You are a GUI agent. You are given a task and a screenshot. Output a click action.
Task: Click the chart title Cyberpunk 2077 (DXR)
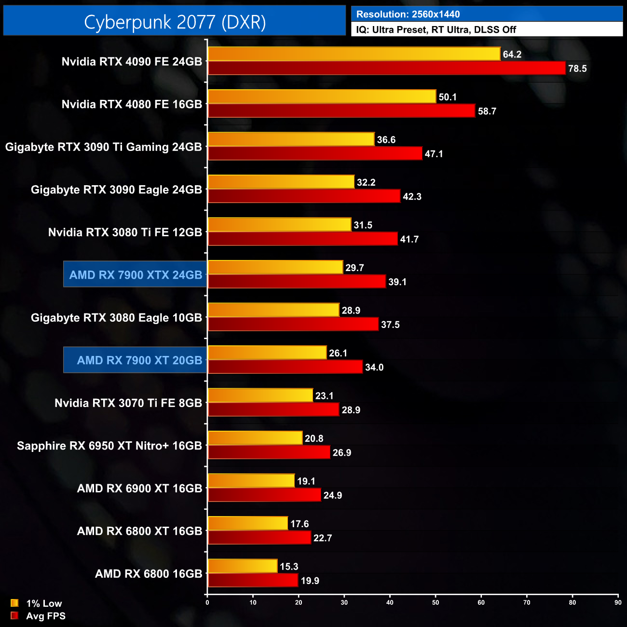pyautogui.click(x=175, y=22)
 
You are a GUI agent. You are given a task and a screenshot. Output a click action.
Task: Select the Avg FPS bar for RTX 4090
pyautogui.click(x=386, y=68)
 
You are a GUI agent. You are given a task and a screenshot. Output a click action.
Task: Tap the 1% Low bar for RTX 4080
pyautogui.click(x=322, y=96)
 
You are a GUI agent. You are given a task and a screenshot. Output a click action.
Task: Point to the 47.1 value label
pyautogui.click(x=434, y=154)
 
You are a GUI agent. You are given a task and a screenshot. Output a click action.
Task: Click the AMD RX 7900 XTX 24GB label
pyautogui.click(x=136, y=275)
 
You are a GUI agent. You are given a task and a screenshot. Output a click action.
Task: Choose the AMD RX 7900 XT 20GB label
pyautogui.click(x=139, y=360)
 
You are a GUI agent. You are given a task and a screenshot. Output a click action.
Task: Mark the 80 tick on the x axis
pyautogui.click(x=572, y=602)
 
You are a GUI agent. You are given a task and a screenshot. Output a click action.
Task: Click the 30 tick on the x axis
pyautogui.click(x=344, y=602)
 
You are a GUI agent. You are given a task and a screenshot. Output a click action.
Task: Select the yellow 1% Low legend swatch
pyautogui.click(x=14, y=603)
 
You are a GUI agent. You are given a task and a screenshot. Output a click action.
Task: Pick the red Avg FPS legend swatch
pyautogui.click(x=14, y=615)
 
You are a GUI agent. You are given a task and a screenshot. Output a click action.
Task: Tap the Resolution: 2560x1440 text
pyautogui.click(x=408, y=14)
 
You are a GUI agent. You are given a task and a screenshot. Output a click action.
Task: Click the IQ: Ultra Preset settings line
pyautogui.click(x=436, y=30)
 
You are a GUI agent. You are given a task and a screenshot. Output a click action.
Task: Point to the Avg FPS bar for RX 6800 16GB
pyautogui.click(x=253, y=580)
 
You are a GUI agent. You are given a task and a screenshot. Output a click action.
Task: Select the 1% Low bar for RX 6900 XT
pyautogui.click(x=251, y=481)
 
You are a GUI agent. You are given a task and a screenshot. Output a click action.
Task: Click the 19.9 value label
pyautogui.click(x=310, y=581)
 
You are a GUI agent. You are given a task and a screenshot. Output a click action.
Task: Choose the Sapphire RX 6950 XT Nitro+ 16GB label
pyautogui.click(x=109, y=446)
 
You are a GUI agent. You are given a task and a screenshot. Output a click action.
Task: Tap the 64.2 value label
pyautogui.click(x=512, y=55)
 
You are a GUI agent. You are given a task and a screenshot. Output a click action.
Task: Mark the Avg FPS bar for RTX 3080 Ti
pyautogui.click(x=302, y=239)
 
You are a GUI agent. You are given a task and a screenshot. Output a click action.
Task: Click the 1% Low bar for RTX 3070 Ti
pyautogui.click(x=260, y=395)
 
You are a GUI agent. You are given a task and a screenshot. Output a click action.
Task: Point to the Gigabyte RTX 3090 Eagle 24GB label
pyautogui.click(x=116, y=190)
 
